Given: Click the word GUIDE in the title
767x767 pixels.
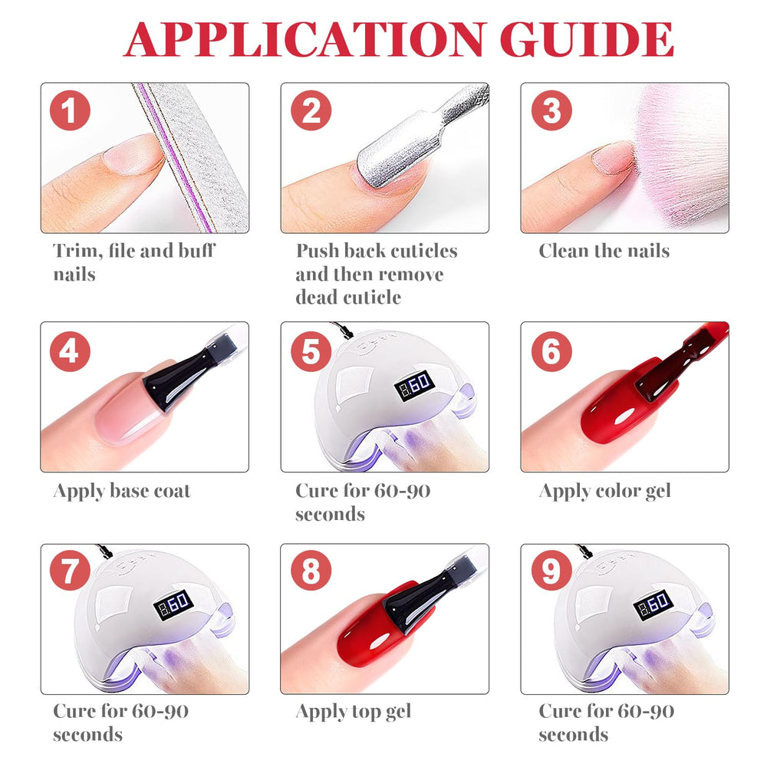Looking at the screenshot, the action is tap(587, 40).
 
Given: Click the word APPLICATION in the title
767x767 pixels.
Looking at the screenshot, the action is tap(305, 40).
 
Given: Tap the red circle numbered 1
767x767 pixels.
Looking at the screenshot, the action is tap(70, 110).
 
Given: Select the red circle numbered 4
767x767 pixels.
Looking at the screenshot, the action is tap(70, 351).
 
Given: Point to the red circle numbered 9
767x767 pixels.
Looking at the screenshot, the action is tap(551, 571).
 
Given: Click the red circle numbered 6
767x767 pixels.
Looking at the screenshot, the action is tap(551, 351).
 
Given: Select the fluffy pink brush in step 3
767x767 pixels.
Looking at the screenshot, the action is tap(680, 156).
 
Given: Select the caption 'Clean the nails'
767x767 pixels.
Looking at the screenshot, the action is tap(604, 251).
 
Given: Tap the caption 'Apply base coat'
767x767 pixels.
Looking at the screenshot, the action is tap(122, 492).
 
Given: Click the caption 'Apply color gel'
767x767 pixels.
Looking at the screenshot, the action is tap(604, 492).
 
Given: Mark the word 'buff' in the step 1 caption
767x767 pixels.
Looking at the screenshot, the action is tap(196, 251).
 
